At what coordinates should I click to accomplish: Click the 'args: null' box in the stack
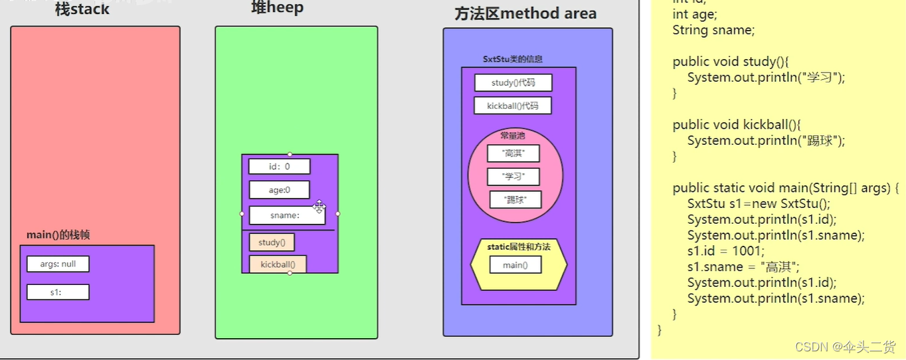(58, 264)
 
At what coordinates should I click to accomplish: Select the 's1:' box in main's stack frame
(58, 292)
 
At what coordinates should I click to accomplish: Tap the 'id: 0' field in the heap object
(279, 167)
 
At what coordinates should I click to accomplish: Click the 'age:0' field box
(279, 190)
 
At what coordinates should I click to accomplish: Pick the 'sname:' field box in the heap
(286, 215)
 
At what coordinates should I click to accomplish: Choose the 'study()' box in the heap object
(272, 242)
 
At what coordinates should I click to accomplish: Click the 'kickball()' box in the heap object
(278, 264)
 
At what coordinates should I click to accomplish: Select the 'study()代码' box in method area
(513, 83)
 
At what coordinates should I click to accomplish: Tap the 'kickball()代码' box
(512, 106)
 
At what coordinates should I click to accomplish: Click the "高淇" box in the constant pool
(513, 154)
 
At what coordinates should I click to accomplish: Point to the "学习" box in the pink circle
(513, 177)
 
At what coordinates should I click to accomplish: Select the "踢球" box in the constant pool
(515, 199)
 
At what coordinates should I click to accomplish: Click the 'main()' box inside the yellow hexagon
(515, 265)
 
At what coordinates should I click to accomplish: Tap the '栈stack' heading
(82, 9)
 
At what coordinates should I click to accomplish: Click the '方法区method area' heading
(525, 14)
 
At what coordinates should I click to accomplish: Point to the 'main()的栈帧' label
(58, 235)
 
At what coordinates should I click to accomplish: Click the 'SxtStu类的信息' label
(512, 59)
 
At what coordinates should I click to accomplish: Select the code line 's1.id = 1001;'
(726, 251)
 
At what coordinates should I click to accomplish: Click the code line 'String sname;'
(713, 30)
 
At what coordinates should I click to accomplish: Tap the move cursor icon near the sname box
(319, 207)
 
